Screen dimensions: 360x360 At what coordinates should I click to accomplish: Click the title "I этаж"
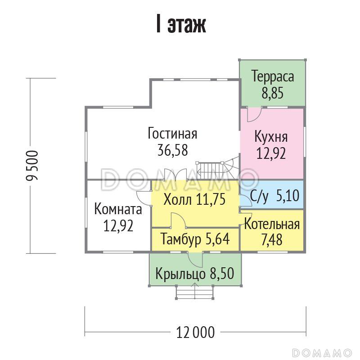pyautogui.click(x=180, y=25)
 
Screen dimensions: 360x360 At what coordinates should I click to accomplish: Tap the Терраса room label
pyautogui.click(x=273, y=76)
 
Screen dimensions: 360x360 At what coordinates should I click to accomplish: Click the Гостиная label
pyautogui.click(x=172, y=134)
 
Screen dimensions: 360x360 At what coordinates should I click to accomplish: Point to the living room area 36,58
pyautogui.click(x=172, y=150)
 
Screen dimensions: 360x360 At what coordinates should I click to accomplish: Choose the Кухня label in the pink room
pyautogui.click(x=271, y=136)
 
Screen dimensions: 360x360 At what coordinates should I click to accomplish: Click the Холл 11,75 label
pyautogui.click(x=194, y=199)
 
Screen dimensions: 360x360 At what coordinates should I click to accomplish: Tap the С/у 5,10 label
pyautogui.click(x=274, y=197)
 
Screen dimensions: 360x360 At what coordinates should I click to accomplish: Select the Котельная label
pyautogui.click(x=272, y=225)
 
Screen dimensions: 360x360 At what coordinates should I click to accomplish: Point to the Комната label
pyautogui.click(x=118, y=209)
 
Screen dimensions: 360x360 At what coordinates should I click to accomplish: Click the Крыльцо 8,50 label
pyautogui.click(x=195, y=273)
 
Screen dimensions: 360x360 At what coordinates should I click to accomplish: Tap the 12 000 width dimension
pyautogui.click(x=195, y=333)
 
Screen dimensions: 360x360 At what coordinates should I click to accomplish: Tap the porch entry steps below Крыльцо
pyautogui.click(x=194, y=293)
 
